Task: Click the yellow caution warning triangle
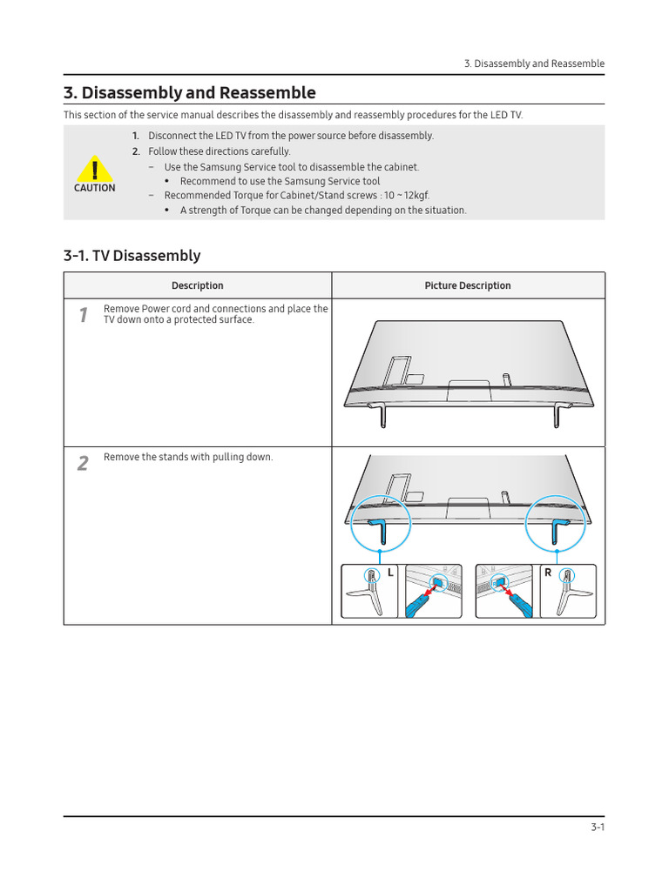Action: pos(94,169)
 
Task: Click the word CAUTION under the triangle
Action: pos(94,188)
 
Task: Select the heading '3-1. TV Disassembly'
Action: pos(132,256)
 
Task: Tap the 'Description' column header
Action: pos(197,285)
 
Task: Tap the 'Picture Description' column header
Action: pos(468,285)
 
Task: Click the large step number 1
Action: pos(83,315)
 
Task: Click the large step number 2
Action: pos(83,464)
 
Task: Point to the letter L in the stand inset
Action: pos(390,573)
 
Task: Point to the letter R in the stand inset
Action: pos(548,573)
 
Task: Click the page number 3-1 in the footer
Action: pos(597,827)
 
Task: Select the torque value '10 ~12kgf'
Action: pos(406,196)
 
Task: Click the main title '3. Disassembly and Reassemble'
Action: pos(189,93)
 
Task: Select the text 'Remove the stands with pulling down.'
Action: pos(188,458)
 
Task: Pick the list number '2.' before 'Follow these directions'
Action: pos(136,151)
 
